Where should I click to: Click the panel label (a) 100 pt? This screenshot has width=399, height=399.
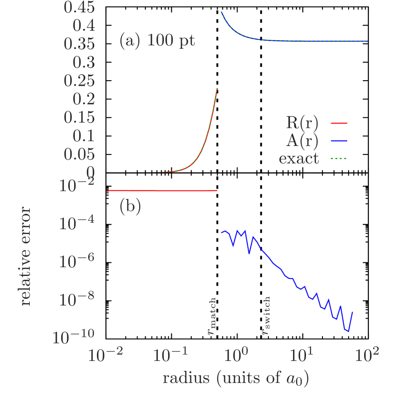(x=157, y=41)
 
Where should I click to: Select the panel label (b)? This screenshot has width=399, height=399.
(x=130, y=207)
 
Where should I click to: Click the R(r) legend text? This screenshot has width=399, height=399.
(x=302, y=123)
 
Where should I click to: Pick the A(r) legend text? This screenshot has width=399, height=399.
(x=302, y=141)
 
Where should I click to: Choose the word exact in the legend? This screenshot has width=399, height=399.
(x=299, y=159)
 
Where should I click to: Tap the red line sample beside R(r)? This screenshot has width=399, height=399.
(x=339, y=123)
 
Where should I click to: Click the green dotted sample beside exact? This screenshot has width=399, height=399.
(x=339, y=159)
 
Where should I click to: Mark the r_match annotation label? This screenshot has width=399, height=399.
(x=211, y=316)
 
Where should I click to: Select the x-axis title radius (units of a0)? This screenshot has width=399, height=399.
(x=235, y=378)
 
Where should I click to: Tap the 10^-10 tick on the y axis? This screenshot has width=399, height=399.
(x=73, y=337)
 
